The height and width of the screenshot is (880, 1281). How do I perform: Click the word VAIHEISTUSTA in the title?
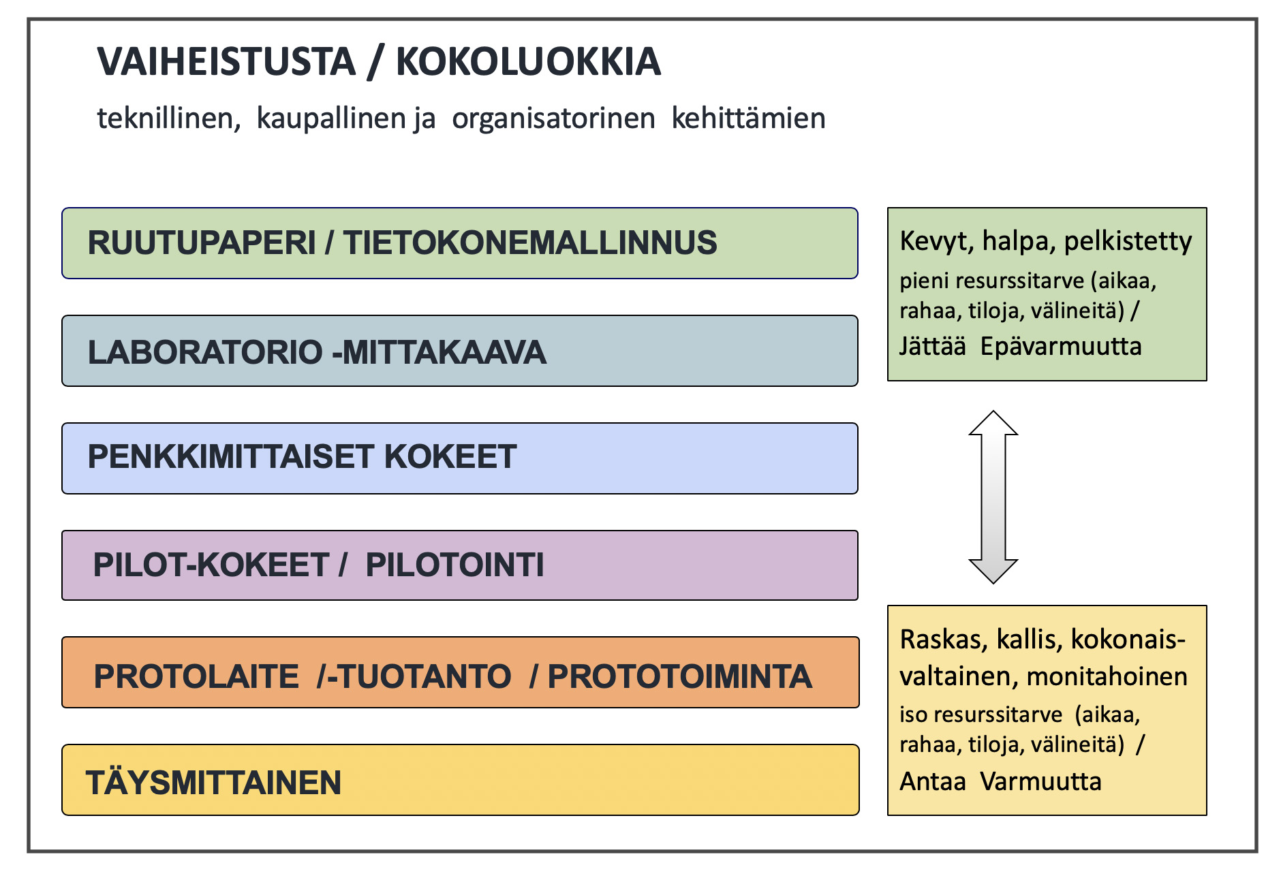point(226,62)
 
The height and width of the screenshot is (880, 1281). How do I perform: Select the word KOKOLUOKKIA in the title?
point(528,62)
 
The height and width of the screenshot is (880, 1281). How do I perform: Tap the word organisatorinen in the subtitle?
point(553,119)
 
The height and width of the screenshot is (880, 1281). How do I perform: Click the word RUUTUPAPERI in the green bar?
point(202,243)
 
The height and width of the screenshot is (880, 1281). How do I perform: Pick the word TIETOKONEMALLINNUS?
point(529,243)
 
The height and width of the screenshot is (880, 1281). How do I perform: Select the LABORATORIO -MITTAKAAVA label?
point(317,352)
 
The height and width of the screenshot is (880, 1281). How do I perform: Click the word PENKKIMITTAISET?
point(230,457)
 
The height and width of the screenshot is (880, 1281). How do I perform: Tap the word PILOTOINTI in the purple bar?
point(454,565)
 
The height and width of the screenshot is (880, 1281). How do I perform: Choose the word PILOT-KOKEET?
point(211,565)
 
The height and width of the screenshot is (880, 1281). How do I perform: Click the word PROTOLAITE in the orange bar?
point(196,676)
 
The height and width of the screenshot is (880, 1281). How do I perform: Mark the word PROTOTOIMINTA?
point(679,676)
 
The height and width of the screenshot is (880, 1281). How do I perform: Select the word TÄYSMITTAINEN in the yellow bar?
point(213,783)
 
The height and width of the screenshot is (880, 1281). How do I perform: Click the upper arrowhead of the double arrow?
point(993,424)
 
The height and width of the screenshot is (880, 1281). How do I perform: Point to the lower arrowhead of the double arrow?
point(993,571)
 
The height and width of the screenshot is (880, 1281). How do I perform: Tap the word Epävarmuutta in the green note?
point(1060,347)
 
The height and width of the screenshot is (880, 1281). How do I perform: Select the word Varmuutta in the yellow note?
point(1040,781)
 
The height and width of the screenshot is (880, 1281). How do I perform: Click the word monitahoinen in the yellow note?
point(1107,676)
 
